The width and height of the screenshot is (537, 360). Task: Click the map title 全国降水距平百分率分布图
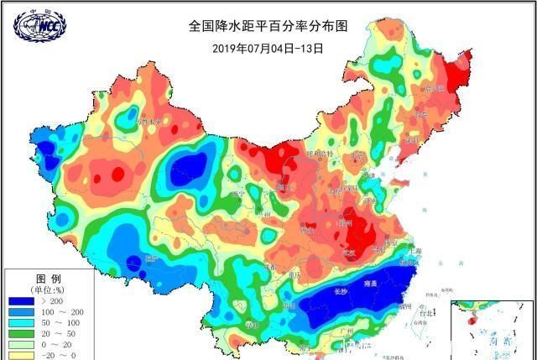[267, 26]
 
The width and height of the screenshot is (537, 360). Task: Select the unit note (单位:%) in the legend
[47, 290]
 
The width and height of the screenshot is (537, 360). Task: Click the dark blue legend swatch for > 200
[22, 300]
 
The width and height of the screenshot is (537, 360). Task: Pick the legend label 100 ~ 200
[63, 312]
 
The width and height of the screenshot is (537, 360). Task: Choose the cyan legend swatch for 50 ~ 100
[22, 324]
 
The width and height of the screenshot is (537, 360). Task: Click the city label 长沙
[340, 292]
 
